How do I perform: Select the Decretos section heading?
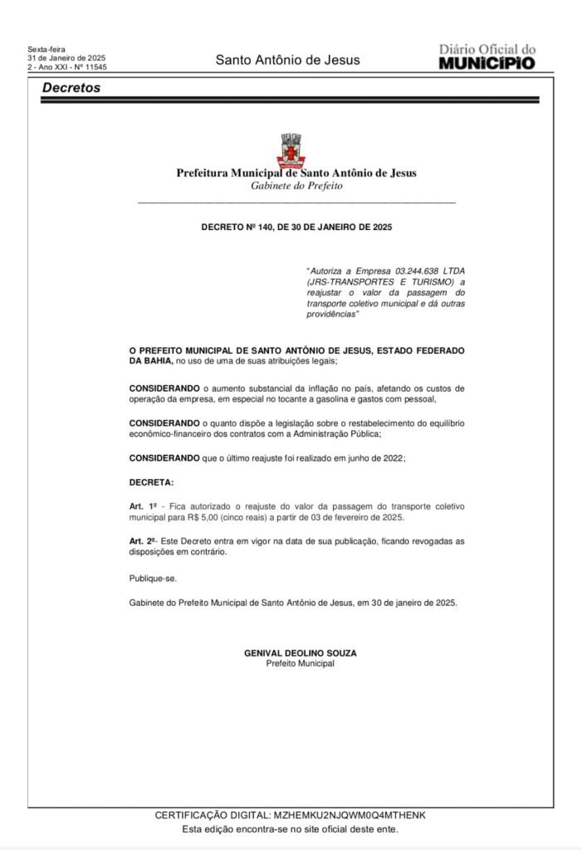point(71,87)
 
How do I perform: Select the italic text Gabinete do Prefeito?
point(296,186)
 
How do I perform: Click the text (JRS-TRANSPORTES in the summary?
point(340,282)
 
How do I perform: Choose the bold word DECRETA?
point(151,481)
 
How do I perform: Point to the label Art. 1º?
point(143,506)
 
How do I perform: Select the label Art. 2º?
point(143,540)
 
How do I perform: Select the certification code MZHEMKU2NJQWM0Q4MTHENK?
point(349,816)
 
